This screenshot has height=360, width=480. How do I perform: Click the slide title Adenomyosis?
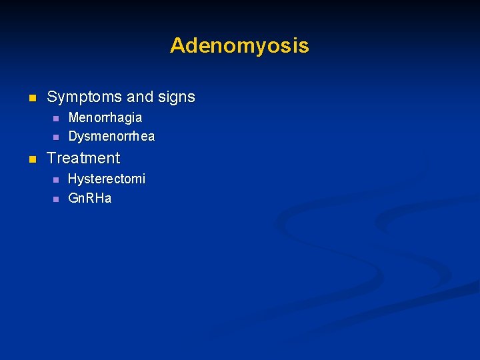239,45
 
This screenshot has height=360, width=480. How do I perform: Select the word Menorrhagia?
105,117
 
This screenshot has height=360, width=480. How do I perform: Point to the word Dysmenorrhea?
111,137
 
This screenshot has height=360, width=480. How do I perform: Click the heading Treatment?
83,158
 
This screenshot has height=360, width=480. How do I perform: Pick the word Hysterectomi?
107,179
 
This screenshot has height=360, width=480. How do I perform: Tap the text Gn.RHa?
90,198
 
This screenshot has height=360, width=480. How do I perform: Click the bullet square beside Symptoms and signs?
31,98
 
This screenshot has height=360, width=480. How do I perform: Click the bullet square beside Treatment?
31,159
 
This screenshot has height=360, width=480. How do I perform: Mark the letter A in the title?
177,45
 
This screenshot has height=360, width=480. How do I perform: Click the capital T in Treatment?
51,158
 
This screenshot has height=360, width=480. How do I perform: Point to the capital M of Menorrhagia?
73,117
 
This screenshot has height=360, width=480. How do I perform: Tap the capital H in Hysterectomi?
72,179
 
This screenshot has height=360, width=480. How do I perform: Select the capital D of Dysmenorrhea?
73,137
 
